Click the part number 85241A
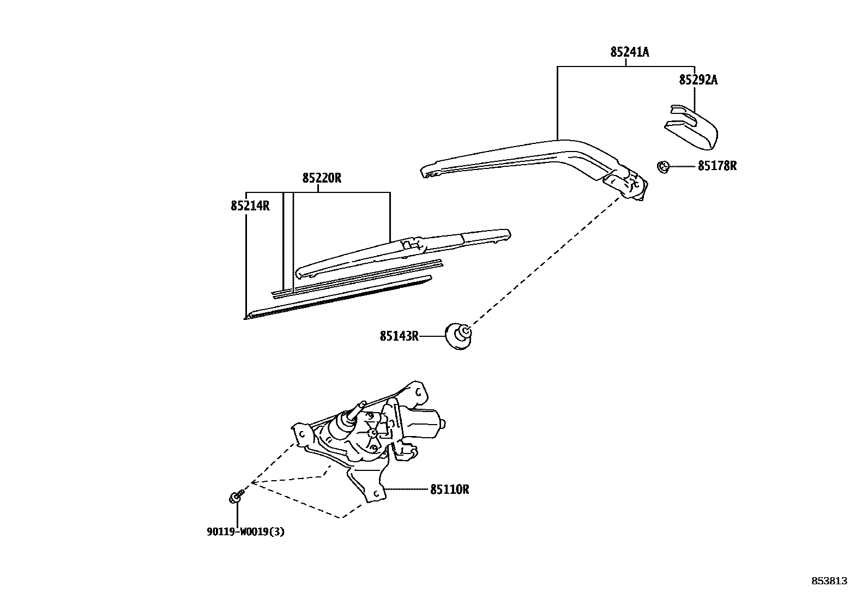[x=629, y=52]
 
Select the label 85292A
[x=698, y=80]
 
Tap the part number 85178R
[x=717, y=166]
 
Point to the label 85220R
[x=322, y=178]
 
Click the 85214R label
[x=250, y=206]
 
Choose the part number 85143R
[x=399, y=336]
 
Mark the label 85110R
[x=449, y=489]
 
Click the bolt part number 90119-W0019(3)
[x=245, y=532]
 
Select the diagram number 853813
[x=829, y=581]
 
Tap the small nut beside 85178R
[x=664, y=166]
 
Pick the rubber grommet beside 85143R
[x=459, y=336]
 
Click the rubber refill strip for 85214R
[x=338, y=297]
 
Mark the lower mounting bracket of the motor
[x=371, y=480]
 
